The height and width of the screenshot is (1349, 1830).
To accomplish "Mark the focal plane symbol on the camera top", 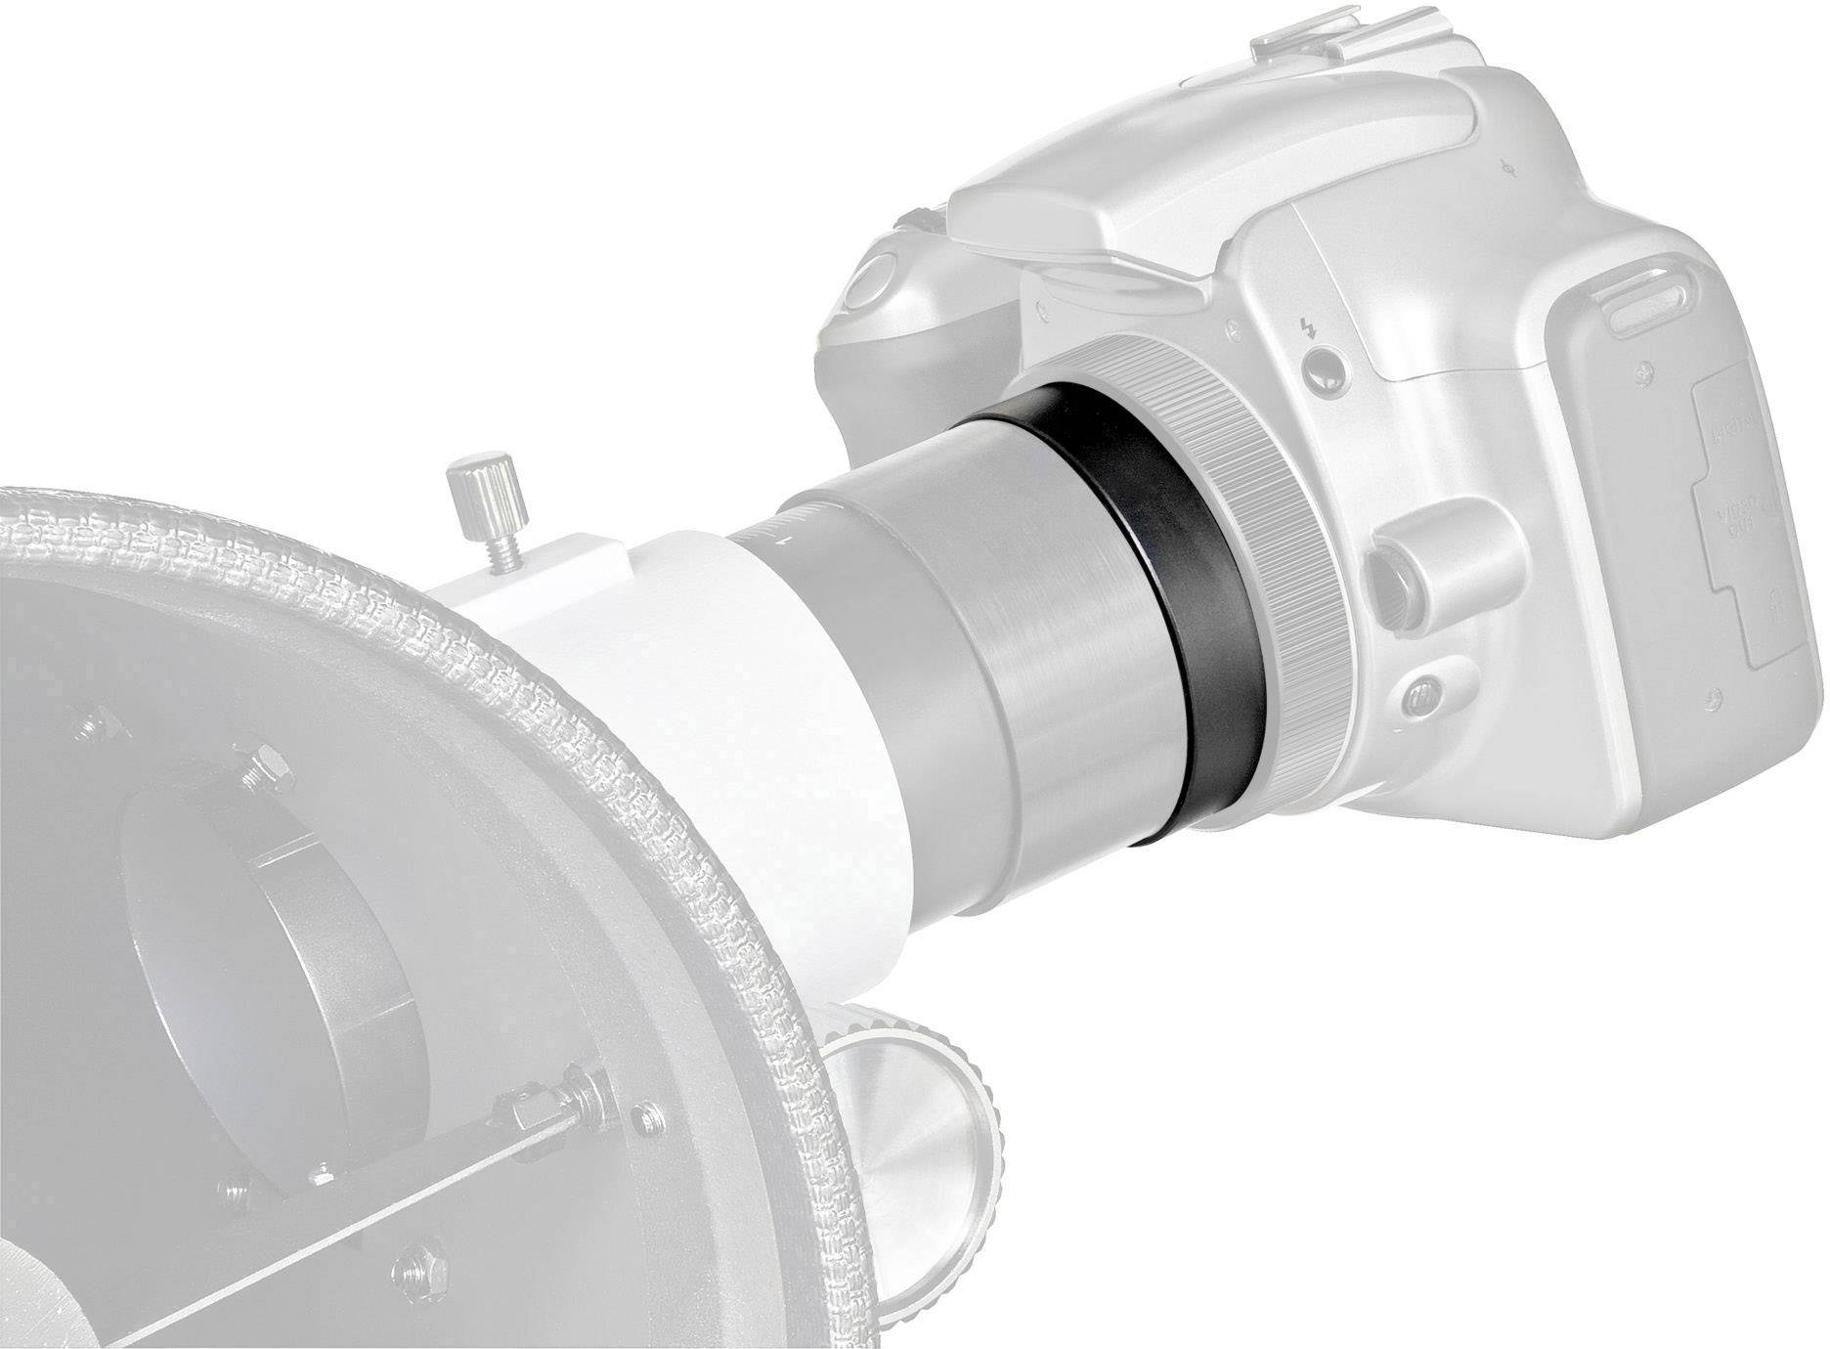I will point(1512,169).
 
